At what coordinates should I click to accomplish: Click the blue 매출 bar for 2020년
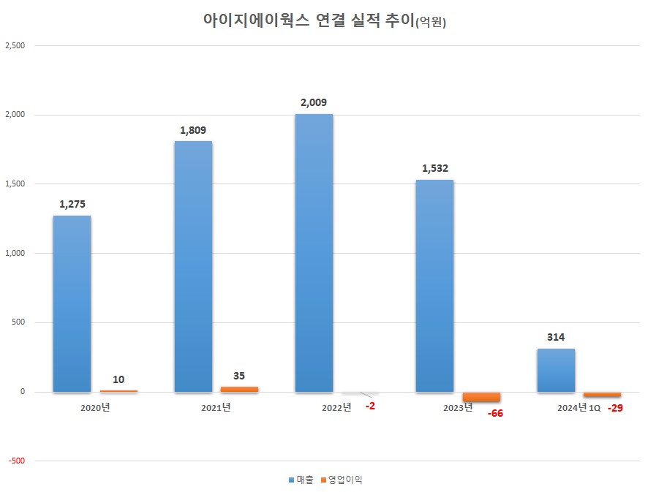pos(72,303)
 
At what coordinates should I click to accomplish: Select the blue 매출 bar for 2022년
pos(314,253)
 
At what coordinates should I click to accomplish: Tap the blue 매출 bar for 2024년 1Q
pos(556,370)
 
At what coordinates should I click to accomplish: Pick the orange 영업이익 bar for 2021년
pos(239,389)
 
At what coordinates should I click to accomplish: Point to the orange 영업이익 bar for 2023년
pos(481,397)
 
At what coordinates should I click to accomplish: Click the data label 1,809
pos(193,130)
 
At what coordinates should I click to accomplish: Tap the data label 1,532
pos(434,169)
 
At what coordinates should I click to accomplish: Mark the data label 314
pos(556,338)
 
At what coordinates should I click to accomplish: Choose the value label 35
pos(239,376)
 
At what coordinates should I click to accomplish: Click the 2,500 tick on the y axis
pos(15,46)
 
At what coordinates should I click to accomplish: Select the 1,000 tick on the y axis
pos(15,254)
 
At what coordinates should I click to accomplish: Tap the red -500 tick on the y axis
pos(17,461)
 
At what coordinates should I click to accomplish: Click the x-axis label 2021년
pos(216,407)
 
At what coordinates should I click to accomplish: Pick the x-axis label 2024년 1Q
pos(579,408)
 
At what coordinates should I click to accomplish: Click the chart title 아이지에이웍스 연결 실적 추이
pos(307,20)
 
